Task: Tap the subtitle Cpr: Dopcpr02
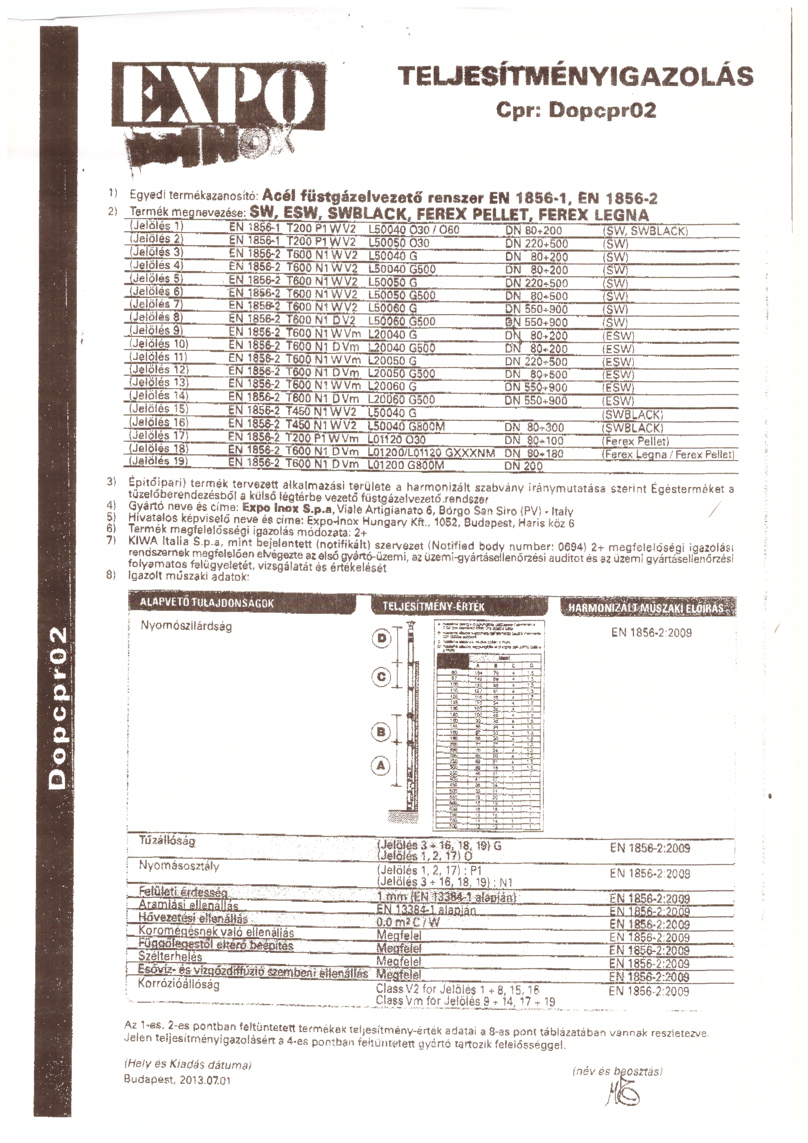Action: tap(576, 110)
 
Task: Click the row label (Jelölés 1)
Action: tap(156, 226)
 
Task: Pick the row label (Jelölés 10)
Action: tap(158, 344)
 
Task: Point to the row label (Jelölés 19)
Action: tap(158, 461)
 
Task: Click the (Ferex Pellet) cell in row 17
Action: tap(635, 441)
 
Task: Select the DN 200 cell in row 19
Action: tap(523, 466)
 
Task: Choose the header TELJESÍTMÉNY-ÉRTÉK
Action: tap(434, 607)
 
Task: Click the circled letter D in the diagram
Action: tap(382, 639)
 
